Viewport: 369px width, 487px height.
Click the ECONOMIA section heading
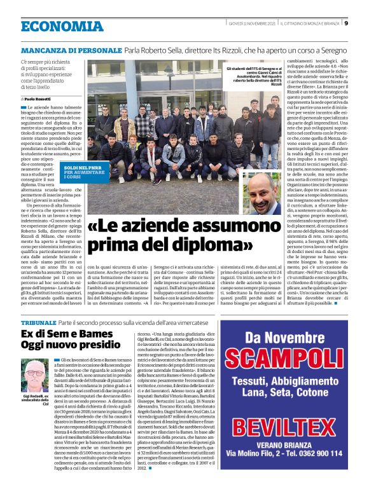[62, 26]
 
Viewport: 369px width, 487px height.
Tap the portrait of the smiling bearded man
[262, 196]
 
